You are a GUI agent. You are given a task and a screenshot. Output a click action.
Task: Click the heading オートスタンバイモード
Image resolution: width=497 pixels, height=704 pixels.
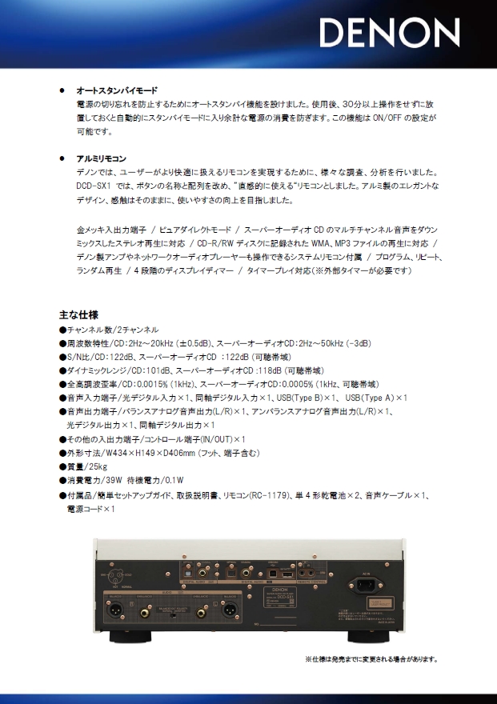pos(116,91)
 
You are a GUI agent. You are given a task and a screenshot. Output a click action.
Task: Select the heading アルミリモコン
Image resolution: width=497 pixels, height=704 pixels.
pos(101,158)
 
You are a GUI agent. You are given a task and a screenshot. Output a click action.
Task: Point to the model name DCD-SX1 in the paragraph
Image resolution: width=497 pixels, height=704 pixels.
pos(95,185)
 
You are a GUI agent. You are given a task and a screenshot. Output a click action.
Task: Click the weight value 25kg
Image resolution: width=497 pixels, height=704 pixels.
pos(97,466)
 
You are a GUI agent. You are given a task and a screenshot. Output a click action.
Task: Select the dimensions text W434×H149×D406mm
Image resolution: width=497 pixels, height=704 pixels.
pos(150,452)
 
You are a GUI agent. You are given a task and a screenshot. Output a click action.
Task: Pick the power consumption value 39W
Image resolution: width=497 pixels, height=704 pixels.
pos(118,480)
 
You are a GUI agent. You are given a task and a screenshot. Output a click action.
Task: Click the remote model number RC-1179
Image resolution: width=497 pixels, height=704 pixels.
pos(268,496)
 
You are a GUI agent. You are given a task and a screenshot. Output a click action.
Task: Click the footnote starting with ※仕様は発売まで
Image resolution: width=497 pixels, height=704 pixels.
pos(370,660)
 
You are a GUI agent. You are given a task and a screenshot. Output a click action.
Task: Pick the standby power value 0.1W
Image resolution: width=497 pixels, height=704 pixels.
pos(173,480)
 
